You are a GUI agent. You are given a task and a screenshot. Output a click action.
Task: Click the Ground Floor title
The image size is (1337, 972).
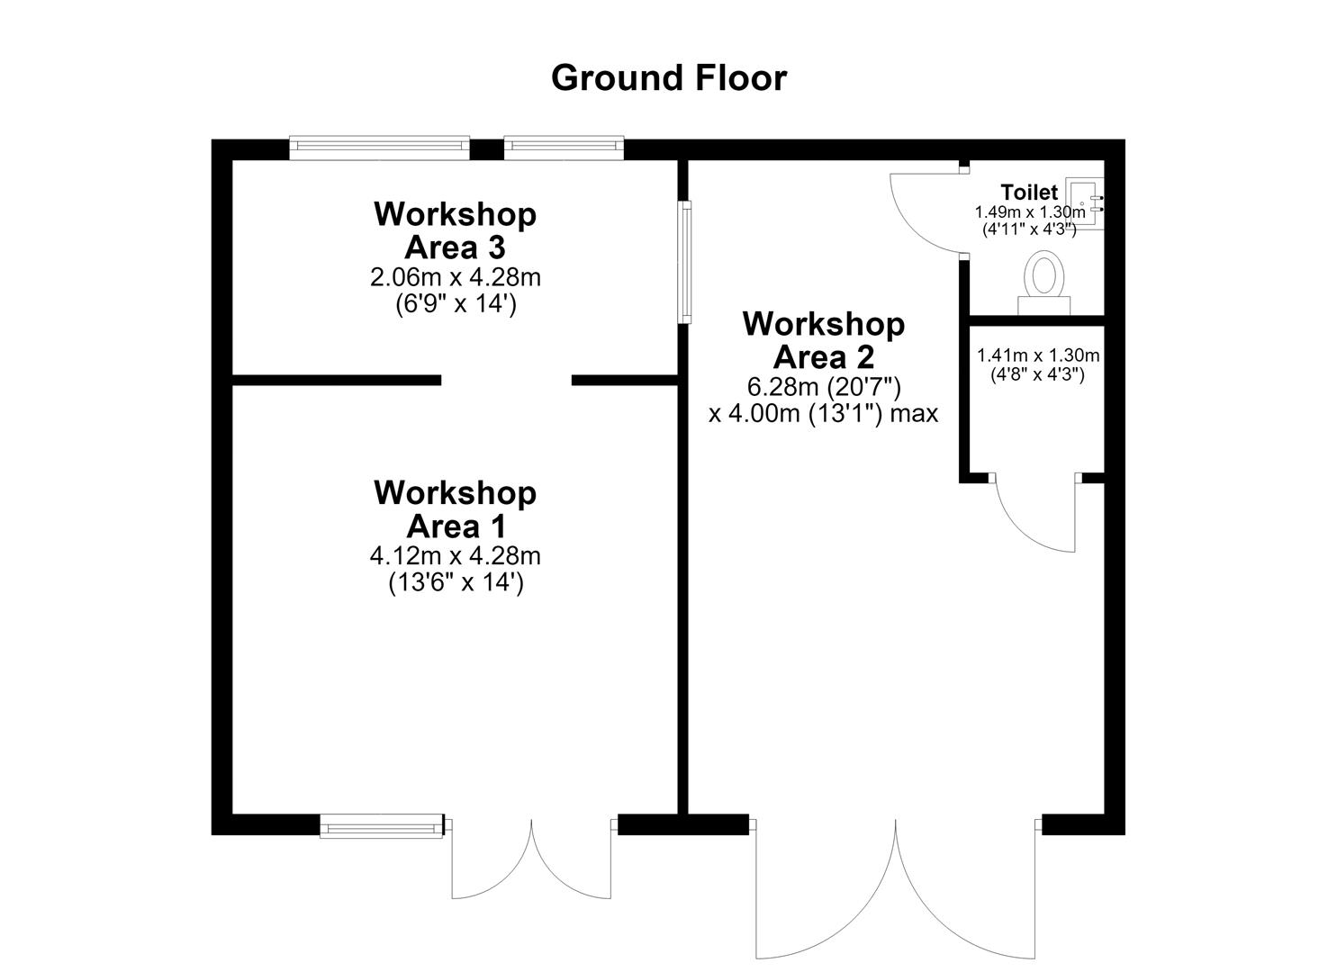click(668, 78)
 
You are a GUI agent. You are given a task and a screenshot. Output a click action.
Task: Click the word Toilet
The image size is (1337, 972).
click(1029, 192)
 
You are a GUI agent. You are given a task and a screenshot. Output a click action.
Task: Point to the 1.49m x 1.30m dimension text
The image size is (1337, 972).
click(1030, 211)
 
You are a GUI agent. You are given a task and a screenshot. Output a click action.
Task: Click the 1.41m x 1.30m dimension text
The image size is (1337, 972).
click(1038, 355)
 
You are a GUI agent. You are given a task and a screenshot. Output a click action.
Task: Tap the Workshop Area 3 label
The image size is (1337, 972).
click(455, 231)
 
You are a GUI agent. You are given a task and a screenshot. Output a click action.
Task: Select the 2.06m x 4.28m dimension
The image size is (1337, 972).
click(455, 277)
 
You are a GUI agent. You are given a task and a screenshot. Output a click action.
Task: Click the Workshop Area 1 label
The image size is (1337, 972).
click(455, 509)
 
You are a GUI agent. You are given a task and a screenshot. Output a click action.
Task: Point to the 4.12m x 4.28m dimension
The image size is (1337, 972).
click(455, 556)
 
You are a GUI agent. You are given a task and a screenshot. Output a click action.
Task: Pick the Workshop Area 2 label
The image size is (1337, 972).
click(824, 341)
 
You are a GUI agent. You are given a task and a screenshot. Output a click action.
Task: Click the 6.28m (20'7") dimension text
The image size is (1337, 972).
click(824, 387)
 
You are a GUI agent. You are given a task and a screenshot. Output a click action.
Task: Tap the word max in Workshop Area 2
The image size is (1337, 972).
click(915, 413)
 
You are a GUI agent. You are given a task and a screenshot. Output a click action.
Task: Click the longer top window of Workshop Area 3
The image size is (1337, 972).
click(380, 148)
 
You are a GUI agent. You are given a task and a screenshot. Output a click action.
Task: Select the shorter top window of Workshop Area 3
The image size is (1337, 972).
click(564, 148)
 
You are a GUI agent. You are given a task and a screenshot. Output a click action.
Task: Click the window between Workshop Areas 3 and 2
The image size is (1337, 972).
click(684, 262)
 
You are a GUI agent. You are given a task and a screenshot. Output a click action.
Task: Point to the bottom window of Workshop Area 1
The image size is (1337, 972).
click(382, 826)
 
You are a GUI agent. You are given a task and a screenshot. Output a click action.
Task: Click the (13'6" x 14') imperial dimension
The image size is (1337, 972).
click(456, 582)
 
